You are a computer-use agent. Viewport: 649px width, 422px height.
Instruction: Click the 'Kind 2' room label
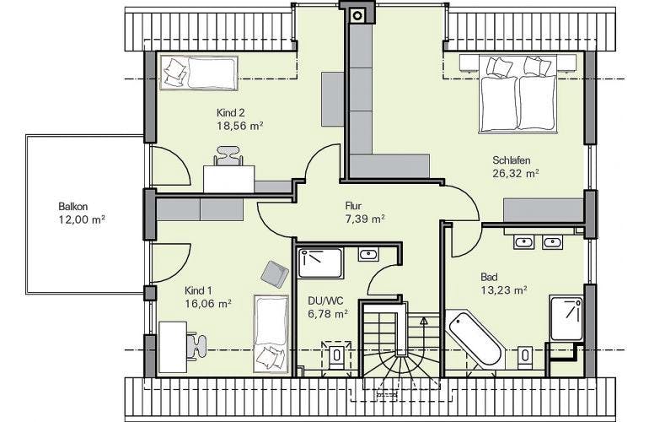point(231,113)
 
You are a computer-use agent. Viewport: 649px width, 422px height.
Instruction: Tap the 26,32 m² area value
point(516,173)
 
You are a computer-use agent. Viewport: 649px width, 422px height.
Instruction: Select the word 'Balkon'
point(72,207)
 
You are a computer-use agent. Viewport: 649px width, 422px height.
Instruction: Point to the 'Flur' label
point(353,206)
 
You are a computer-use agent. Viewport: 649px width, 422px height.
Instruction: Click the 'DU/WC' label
point(325,300)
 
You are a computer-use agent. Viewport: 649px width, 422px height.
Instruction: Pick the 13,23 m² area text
point(504,290)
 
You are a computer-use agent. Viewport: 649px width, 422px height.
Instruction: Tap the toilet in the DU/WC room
point(336,354)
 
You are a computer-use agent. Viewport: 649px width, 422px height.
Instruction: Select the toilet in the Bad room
point(525,355)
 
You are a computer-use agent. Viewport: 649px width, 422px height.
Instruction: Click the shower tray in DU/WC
point(321,263)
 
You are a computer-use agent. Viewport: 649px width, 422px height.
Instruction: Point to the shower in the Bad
point(566,317)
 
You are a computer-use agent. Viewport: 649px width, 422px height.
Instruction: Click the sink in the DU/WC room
point(368,254)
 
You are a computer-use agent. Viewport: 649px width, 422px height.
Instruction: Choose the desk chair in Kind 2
point(228,156)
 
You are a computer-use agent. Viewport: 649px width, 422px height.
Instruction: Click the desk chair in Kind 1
point(196,343)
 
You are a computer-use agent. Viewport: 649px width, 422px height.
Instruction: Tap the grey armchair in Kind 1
point(275,274)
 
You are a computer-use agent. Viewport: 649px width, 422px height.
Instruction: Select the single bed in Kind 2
point(199,73)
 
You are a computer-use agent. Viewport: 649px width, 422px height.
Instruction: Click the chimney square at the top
point(357,16)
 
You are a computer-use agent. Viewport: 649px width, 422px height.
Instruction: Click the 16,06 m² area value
point(208,304)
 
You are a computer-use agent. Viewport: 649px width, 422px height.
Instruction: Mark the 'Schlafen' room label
point(511,160)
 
